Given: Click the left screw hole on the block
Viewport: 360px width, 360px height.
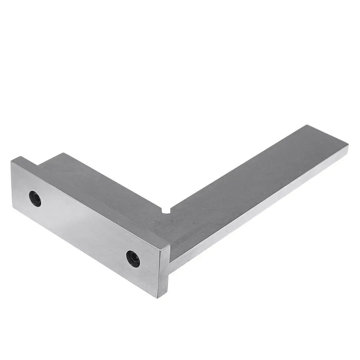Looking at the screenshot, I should point(35,199).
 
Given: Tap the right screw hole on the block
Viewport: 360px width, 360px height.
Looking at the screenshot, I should point(133,258).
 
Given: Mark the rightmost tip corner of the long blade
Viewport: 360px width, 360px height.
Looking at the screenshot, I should point(348,145).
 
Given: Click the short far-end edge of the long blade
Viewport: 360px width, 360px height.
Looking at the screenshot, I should point(328,135).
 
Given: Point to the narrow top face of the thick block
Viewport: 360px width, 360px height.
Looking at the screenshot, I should point(90,202).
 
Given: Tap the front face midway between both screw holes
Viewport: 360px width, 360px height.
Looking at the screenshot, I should point(84,229).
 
